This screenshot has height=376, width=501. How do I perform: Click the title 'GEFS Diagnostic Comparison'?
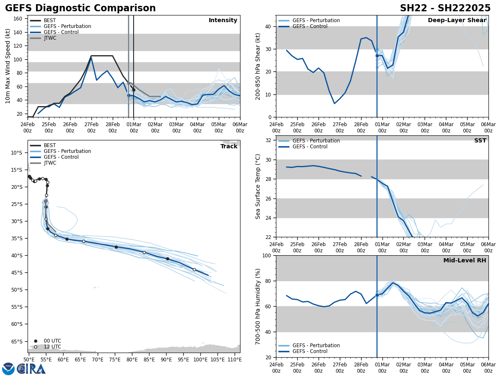click(80, 8)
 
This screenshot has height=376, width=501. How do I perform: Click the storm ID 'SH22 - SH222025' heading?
click(445, 8)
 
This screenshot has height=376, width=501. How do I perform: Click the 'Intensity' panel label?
click(223, 20)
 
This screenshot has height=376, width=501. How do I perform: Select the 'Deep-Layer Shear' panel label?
click(457, 20)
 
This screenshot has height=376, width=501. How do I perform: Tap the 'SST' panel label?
click(480, 141)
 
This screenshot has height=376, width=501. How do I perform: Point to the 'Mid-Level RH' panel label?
click(465, 261)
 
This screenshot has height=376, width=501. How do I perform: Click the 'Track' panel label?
click(229, 147)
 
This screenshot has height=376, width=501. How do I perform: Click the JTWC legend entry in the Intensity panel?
click(50, 38)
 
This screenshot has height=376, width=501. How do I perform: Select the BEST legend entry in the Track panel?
click(50, 145)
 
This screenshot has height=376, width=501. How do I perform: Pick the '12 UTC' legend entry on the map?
click(52, 347)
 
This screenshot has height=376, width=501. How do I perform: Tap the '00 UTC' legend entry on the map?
click(52, 341)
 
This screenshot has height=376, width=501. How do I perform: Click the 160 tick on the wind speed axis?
click(18, 19)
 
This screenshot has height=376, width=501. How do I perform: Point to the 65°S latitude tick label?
click(17, 341)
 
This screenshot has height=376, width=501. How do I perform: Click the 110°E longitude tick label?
click(235, 359)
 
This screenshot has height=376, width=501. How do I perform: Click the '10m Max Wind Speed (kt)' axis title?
click(8, 66)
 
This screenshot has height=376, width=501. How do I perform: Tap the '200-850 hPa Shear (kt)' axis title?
click(258, 66)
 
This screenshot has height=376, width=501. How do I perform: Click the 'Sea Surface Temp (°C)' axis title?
click(258, 186)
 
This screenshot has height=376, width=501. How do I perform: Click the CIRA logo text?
click(31, 369)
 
